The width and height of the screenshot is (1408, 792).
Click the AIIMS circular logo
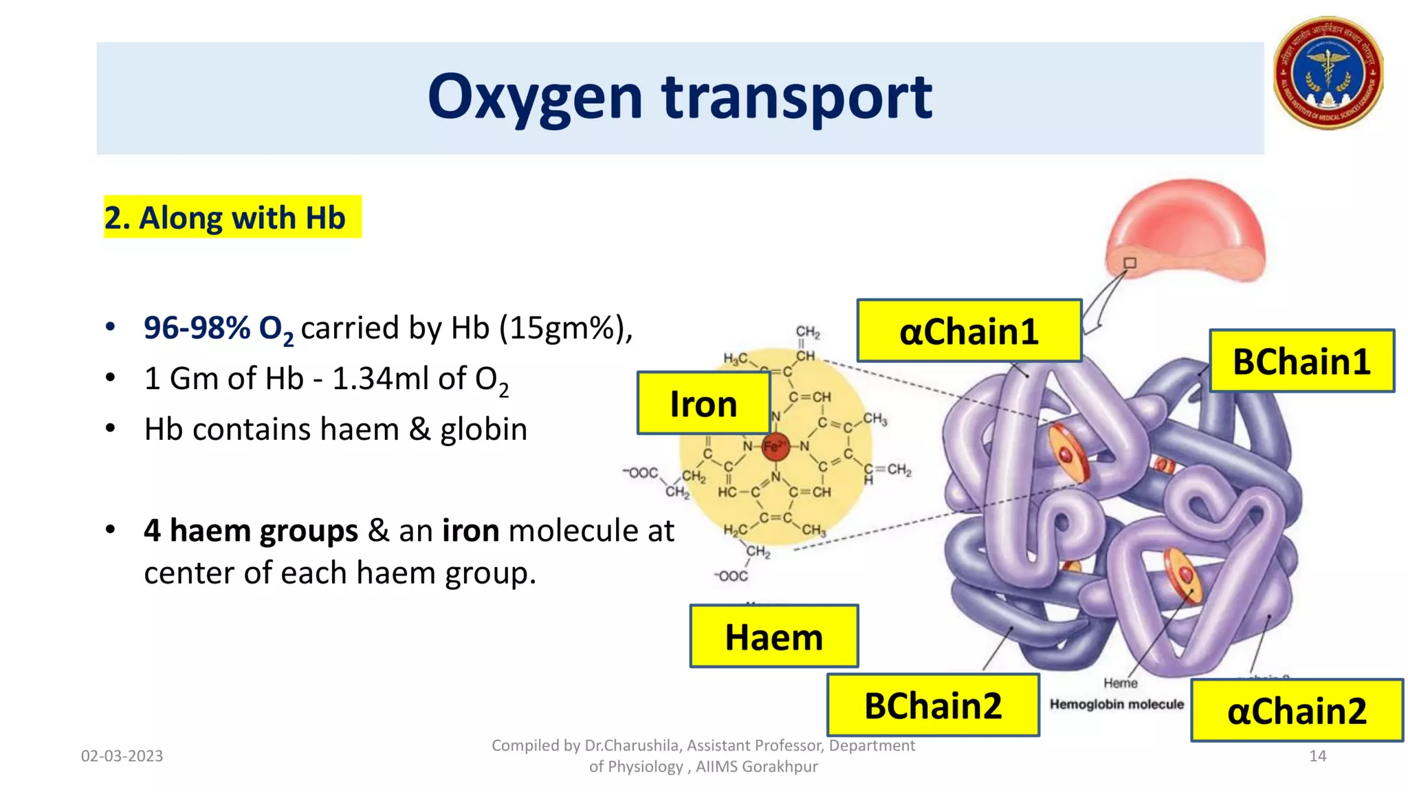click(x=1328, y=74)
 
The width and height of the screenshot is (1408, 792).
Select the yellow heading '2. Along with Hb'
click(x=232, y=217)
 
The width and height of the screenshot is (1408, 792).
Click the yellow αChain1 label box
click(x=969, y=331)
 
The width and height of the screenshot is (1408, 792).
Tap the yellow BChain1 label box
click(x=1301, y=361)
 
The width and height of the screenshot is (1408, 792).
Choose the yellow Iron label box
click(x=703, y=404)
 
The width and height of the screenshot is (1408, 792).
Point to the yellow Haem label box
click(x=774, y=637)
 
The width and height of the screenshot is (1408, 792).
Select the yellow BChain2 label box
click(x=933, y=705)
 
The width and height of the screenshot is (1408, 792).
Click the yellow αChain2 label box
click(x=1297, y=710)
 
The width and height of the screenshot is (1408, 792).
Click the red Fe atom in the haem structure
click(x=775, y=446)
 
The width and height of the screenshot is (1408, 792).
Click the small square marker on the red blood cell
click(x=1130, y=263)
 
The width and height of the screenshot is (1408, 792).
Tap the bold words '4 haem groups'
click(x=251, y=531)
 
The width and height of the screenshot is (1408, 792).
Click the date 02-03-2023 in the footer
click(x=122, y=756)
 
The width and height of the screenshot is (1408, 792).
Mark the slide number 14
click(x=1317, y=756)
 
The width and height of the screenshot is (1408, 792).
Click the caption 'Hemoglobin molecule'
click(x=1116, y=704)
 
